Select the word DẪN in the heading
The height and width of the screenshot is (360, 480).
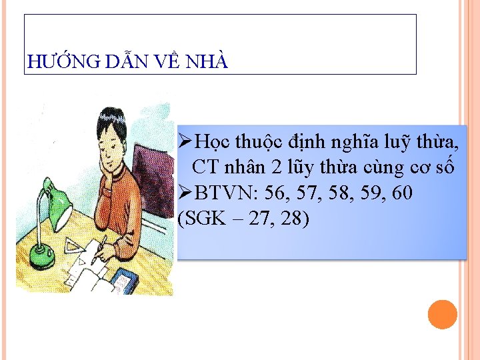(127, 63)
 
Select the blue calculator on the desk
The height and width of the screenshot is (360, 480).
(123, 281)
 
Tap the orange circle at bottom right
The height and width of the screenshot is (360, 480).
(442, 315)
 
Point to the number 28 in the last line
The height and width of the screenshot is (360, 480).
(293, 219)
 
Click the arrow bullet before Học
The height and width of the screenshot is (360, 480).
(186, 141)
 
